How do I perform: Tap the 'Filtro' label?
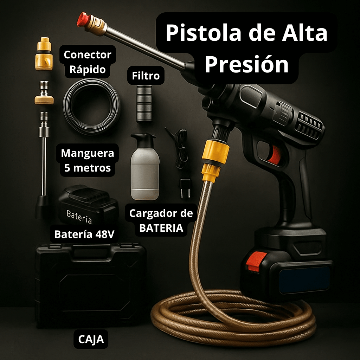pyautogui.click(x=146, y=76)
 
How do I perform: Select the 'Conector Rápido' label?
pyautogui.click(x=87, y=62)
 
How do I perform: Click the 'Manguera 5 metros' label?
pyautogui.click(x=87, y=160)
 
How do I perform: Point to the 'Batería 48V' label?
pyautogui.click(x=84, y=234)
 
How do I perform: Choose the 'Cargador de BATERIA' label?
pyautogui.click(x=161, y=220)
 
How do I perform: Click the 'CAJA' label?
pyautogui.click(x=91, y=340)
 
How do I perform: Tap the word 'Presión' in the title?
pyautogui.click(x=246, y=65)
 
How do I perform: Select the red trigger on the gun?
pyautogui.click(x=275, y=155)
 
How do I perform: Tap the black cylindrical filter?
pyautogui.click(x=144, y=104)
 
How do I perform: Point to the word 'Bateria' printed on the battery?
pyautogui.click(x=79, y=216)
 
